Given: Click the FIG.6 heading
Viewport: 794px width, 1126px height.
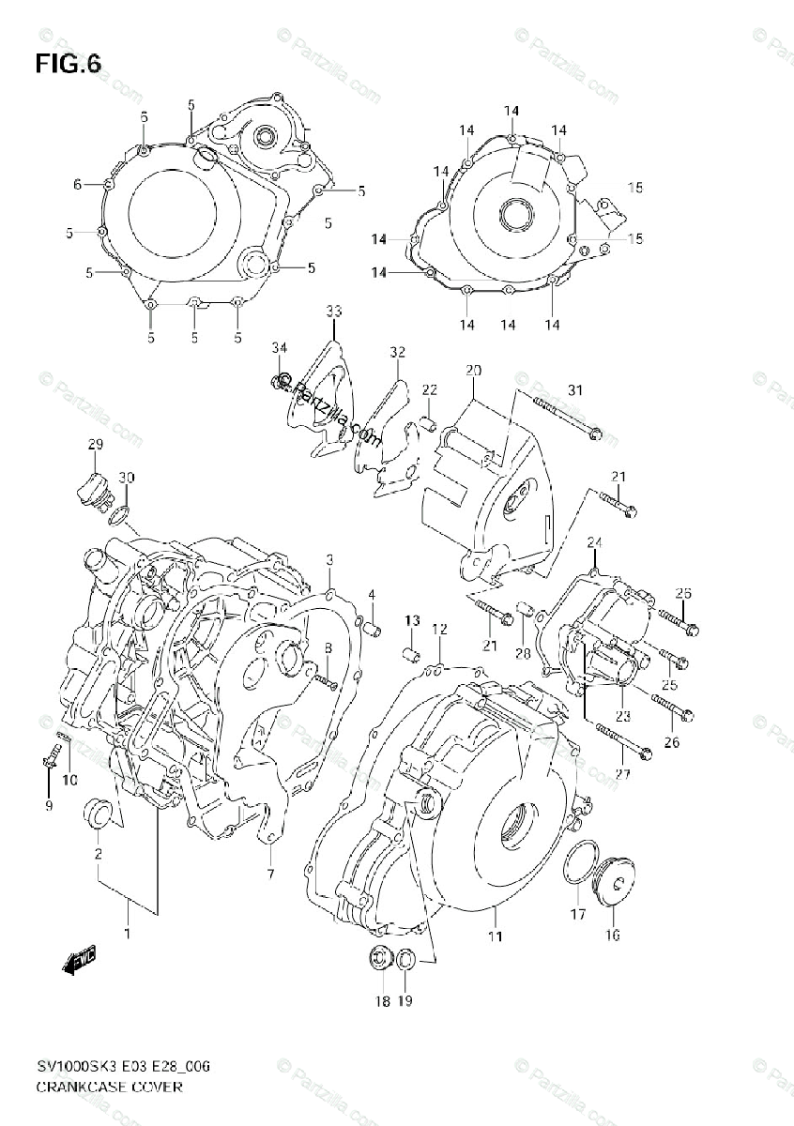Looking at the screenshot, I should click(68, 63).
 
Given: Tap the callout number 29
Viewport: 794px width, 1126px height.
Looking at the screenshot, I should click(95, 444).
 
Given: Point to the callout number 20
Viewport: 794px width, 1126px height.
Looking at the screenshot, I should click(472, 370).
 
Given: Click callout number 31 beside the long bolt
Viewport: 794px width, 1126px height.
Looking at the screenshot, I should click(574, 390).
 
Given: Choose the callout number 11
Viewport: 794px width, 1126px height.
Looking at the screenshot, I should click(495, 936).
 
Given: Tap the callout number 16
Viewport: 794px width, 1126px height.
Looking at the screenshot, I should click(612, 935).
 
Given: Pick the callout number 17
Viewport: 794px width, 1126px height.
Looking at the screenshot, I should click(578, 914).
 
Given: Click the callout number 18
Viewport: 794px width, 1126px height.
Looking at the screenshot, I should click(382, 1001).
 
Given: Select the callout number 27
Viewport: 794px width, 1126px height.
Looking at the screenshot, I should click(649, 773).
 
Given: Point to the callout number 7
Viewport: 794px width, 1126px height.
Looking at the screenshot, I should click(269, 875).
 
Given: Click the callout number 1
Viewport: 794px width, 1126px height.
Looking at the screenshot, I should click(128, 933).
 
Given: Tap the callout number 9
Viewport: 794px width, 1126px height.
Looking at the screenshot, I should click(49, 805).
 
